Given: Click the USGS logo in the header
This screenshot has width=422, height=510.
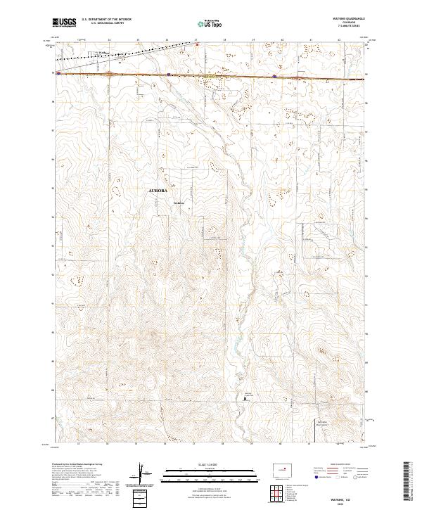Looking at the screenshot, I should click(65, 23).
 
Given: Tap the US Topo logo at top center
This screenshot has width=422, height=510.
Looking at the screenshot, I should click(203, 23).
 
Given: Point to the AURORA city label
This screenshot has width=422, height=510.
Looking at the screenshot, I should click(158, 191).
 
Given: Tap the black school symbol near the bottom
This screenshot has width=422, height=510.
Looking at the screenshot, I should click(245, 399).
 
